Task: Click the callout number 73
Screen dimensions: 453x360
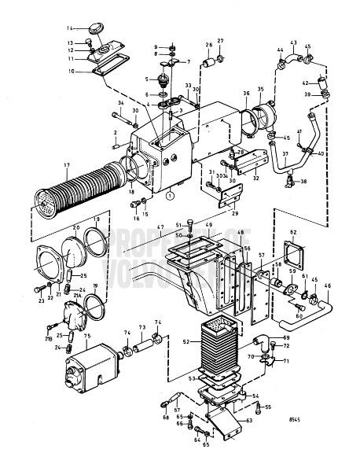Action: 142,327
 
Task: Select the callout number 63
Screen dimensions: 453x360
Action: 249,422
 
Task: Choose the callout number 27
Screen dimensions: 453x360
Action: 220,40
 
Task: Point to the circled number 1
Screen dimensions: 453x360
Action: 170,196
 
